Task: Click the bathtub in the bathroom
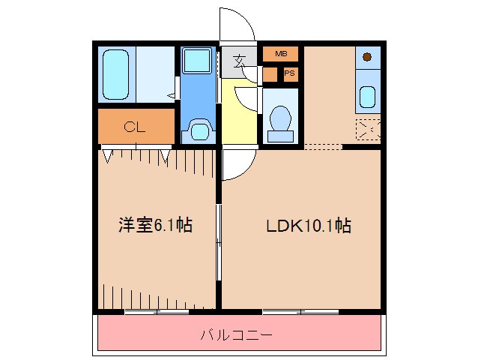pos(115,74)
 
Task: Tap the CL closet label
pos(135,127)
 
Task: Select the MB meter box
pos(280,54)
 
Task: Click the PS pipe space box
pos(291,73)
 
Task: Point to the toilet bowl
pos(280,119)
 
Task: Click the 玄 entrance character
pos(239,61)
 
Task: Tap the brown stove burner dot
pos(367,57)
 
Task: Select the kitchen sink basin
pos(367,97)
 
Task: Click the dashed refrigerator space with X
pos(369,129)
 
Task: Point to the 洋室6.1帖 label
pos(156,225)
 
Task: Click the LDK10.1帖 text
pos(309,226)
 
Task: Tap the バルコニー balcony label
pos(236,335)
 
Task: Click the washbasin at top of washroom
pos(198,61)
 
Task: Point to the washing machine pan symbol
pos(199,131)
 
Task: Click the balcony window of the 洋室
pos(157,312)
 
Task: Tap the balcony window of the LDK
pos(300,312)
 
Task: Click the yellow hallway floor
pos(239,111)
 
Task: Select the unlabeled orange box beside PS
pos(270,74)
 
